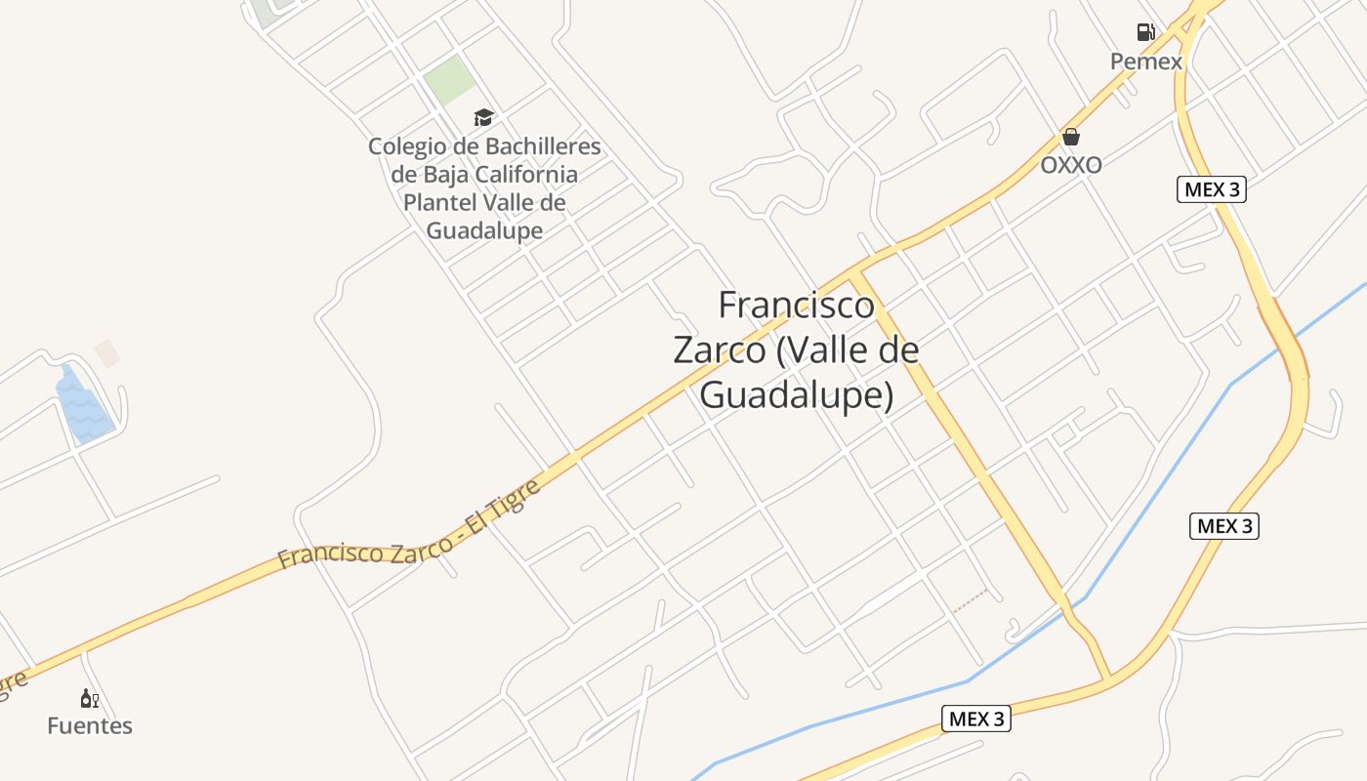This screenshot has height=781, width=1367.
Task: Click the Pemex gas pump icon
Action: [1146, 32]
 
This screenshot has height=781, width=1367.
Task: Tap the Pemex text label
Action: [1146, 62]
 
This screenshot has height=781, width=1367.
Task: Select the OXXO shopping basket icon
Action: [1071, 137]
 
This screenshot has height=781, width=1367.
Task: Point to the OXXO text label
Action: [1071, 165]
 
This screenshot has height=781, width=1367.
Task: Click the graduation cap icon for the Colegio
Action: [483, 118]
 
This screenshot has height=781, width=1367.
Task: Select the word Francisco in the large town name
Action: [797, 306]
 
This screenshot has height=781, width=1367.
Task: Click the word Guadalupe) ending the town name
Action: [797, 394]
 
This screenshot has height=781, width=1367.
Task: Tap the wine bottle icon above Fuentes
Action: [89, 698]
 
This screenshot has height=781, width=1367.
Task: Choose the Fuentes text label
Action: [90, 726]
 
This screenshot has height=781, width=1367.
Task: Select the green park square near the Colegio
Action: [449, 81]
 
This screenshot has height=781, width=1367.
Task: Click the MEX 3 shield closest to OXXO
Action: [1211, 189]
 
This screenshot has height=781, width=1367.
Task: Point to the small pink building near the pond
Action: [107, 353]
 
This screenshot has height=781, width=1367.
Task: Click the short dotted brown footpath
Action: [972, 600]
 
